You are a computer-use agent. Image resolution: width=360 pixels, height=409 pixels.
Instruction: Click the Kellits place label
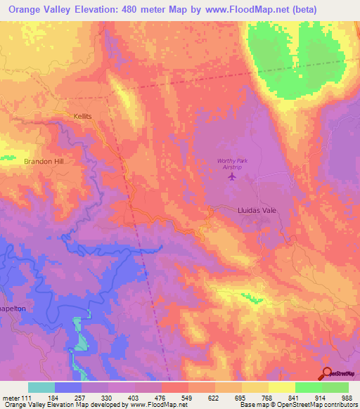coord(83,115)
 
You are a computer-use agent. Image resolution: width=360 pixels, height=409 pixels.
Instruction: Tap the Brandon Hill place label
coord(44,161)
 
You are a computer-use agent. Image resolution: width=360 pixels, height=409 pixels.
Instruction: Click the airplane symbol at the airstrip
coord(232,176)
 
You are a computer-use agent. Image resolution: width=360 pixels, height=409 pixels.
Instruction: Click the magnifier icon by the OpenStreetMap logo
coord(328,373)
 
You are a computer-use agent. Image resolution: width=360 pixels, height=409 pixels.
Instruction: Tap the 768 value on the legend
coord(267,398)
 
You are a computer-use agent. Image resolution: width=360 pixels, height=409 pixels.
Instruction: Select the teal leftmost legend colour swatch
coord(41,387)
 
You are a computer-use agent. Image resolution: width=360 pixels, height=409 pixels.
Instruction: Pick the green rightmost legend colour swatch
coord(335,387)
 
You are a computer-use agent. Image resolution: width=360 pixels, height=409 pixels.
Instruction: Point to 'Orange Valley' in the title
coord(39,10)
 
